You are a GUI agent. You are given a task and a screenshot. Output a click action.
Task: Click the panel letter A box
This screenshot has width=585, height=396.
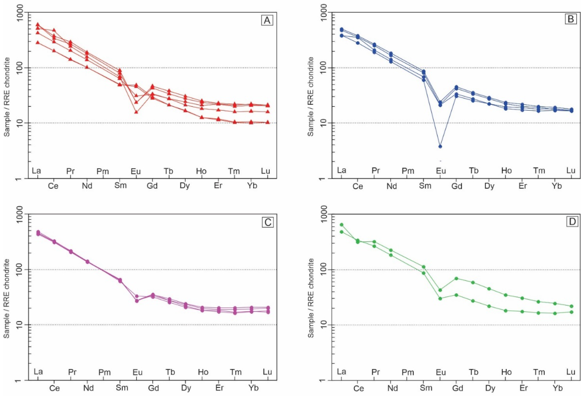pyautogui.click(x=267, y=20)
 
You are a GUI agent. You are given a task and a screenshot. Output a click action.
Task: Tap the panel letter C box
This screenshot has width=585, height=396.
pyautogui.click(x=268, y=222)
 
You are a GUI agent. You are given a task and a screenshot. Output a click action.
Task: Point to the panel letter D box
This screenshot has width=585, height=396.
pyautogui.click(x=572, y=222)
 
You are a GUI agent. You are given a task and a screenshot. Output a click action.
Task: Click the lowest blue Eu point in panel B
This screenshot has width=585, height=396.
pyautogui.click(x=440, y=146)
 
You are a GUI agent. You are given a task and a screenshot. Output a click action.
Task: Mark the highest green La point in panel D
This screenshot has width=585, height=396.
pyautogui.click(x=341, y=225)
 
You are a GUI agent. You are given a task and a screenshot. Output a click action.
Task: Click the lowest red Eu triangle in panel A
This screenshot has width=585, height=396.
pyautogui.click(x=136, y=112)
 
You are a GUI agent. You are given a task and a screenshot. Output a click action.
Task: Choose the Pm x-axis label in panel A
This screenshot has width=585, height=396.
pyautogui.click(x=103, y=171)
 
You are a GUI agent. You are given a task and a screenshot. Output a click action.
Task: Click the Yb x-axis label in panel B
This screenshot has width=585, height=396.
pyautogui.click(x=557, y=186)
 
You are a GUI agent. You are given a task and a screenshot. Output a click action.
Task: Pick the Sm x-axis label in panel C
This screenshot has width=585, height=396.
pyautogui.click(x=122, y=387)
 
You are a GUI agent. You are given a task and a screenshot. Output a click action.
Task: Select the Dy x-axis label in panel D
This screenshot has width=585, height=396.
pyautogui.click(x=490, y=388)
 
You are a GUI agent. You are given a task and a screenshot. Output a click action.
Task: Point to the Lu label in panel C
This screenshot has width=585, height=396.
pyautogui.click(x=267, y=372)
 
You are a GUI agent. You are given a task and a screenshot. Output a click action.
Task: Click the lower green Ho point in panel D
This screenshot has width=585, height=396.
pyautogui.click(x=505, y=311)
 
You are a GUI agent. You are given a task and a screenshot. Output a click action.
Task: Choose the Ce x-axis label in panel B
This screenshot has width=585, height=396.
pyautogui.click(x=358, y=186)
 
